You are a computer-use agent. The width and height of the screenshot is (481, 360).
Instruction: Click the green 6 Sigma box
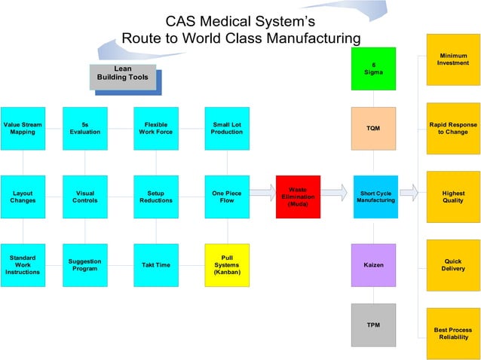tap(373, 69)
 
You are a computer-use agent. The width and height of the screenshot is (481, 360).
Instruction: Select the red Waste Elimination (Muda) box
tap(298, 197)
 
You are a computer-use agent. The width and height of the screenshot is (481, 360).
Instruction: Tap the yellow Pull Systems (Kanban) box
tap(227, 264)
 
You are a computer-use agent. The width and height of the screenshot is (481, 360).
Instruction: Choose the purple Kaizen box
tap(373, 265)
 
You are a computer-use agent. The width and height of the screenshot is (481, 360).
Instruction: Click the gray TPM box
tap(373, 325)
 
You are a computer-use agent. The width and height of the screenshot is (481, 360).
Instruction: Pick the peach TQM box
tap(373, 128)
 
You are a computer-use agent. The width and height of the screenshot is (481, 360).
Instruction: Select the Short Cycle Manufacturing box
tap(375, 197)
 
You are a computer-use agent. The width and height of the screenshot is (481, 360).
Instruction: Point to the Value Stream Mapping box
tap(23, 128)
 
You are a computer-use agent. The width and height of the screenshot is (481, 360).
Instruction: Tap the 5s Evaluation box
tap(84, 128)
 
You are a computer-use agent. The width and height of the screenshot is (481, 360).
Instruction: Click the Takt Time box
tap(156, 265)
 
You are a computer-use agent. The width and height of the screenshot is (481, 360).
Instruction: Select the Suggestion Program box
tap(84, 265)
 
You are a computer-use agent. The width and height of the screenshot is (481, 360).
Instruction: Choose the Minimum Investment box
tap(453, 59)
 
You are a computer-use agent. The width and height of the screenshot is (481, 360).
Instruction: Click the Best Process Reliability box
tap(453, 334)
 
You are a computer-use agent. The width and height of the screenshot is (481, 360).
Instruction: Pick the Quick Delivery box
tap(453, 265)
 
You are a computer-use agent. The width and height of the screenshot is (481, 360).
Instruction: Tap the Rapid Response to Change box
tap(453, 128)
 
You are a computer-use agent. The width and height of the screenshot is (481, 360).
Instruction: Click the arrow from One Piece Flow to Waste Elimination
tap(262, 194)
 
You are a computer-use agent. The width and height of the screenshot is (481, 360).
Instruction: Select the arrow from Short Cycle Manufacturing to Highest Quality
tap(408, 194)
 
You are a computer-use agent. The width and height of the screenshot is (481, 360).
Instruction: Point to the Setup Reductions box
tap(156, 197)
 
